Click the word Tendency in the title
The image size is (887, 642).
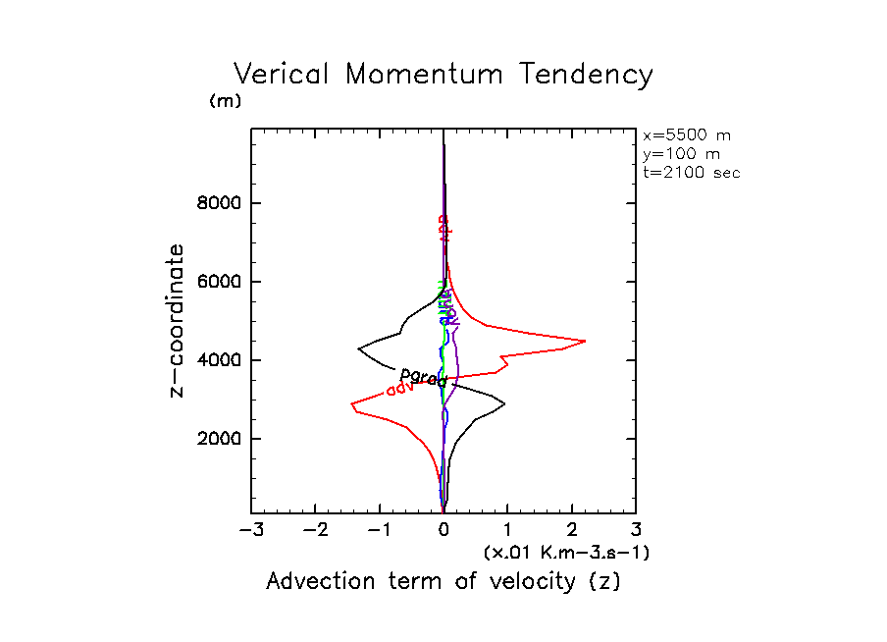[587, 76]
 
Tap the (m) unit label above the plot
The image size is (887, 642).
[225, 101]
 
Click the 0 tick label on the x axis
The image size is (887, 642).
[443, 531]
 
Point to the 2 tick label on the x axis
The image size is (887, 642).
[572, 531]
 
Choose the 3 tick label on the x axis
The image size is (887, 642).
[636, 531]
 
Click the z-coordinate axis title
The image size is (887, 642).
[178, 321]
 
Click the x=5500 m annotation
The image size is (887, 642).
[687, 135]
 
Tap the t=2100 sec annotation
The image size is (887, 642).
[691, 172]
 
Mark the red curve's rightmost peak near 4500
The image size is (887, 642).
[585, 341]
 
